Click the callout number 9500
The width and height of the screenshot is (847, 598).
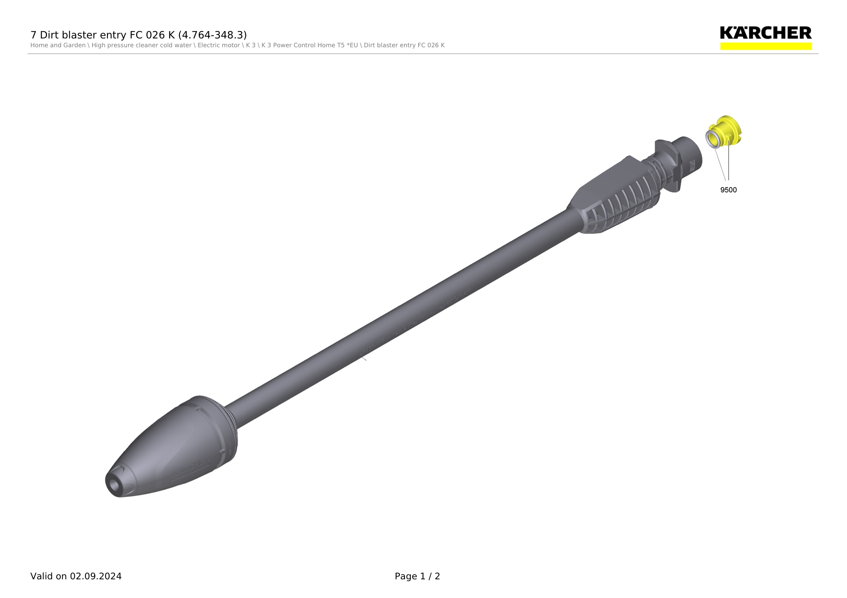(x=728, y=190)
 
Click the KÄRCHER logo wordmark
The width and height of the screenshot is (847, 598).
(x=766, y=33)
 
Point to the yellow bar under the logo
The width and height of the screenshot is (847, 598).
(x=766, y=46)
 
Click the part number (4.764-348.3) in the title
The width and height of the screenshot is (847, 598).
(x=212, y=35)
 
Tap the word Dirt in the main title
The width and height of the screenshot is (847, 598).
(x=49, y=35)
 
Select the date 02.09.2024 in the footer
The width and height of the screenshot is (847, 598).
(x=96, y=576)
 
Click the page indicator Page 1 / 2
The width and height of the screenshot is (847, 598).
(x=417, y=576)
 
